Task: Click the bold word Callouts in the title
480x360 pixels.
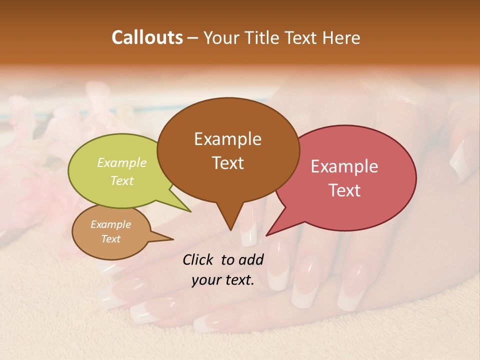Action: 147,37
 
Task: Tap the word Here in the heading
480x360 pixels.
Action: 341,37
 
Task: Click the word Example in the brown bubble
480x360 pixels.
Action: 227,139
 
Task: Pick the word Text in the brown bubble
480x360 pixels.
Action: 227,163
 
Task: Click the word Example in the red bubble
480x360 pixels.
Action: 344,166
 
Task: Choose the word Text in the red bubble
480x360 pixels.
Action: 344,190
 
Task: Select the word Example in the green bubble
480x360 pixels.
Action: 121,163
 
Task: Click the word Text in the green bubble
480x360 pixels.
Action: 121,180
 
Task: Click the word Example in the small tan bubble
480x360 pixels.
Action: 110,224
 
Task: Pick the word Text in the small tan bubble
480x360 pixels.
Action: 110,239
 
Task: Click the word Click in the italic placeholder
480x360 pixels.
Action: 199,259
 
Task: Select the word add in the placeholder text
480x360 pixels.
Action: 251,259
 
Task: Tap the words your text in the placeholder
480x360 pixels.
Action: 222,280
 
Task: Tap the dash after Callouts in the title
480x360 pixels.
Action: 193,37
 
